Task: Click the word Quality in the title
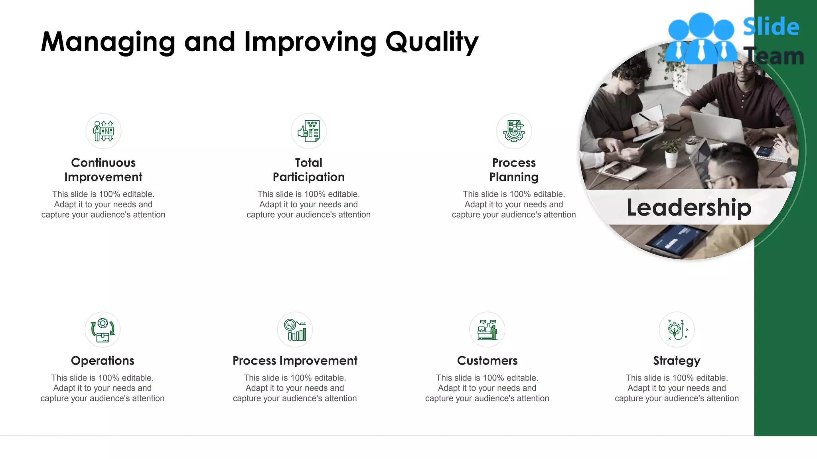[x=432, y=42]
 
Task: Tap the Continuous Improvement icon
[x=103, y=131]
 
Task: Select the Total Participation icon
[x=308, y=131]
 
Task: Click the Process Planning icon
[x=514, y=131]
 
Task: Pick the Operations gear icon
[x=103, y=330]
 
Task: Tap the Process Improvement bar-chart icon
[x=295, y=330]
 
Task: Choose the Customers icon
[x=487, y=330]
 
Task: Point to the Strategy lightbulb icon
[x=677, y=330]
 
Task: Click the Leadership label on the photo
[x=689, y=207]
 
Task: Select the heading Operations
[x=103, y=361]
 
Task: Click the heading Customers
[x=487, y=361]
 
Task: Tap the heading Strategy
[x=677, y=361]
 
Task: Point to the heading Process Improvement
[x=295, y=361]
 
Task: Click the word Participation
[x=308, y=177]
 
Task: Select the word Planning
[x=514, y=177]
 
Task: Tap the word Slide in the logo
[x=771, y=27]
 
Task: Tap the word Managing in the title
[x=108, y=42]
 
